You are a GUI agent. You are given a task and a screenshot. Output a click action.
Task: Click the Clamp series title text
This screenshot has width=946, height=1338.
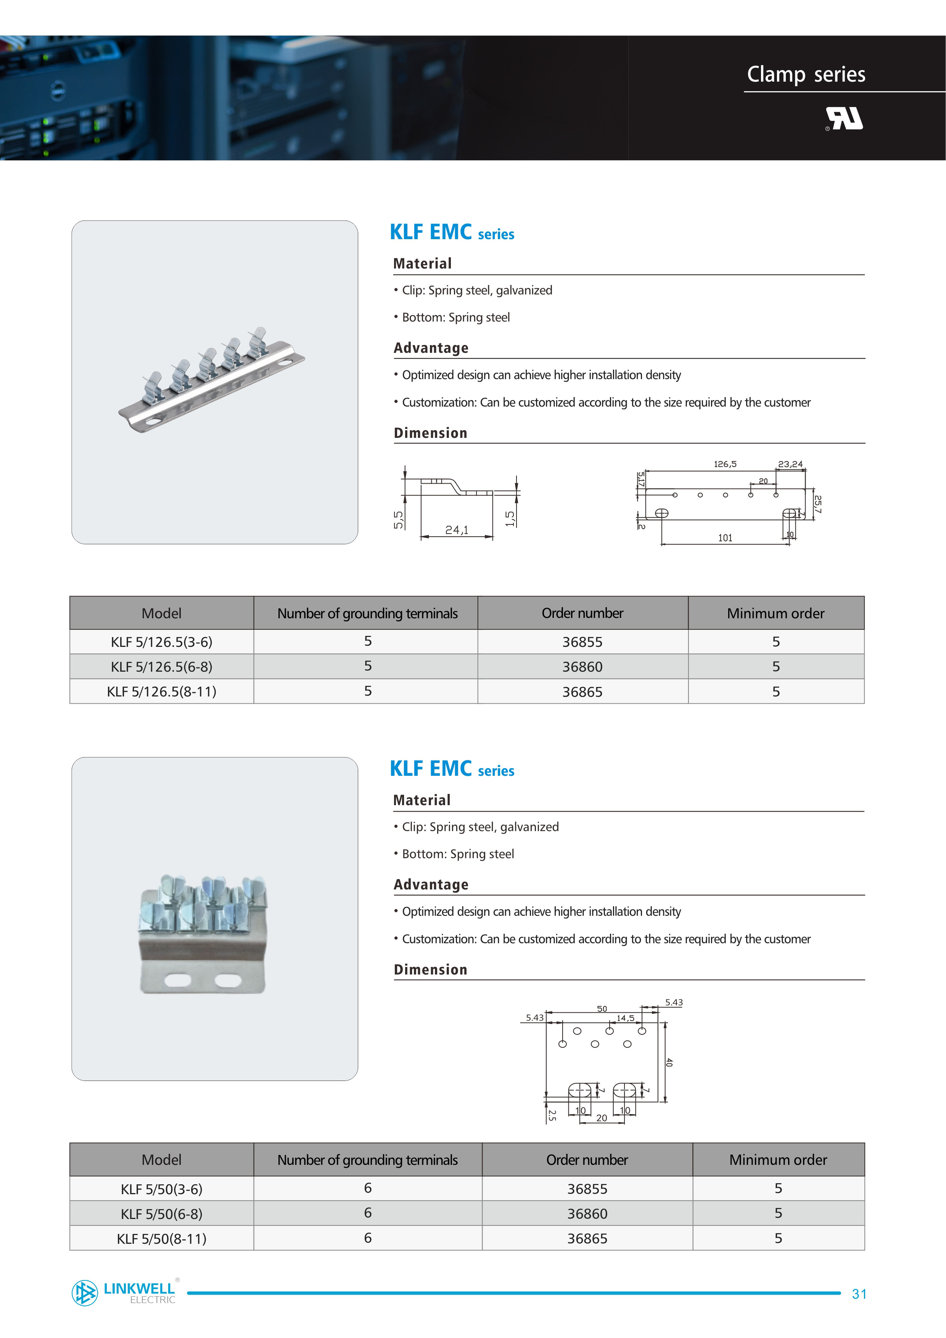[x=806, y=75]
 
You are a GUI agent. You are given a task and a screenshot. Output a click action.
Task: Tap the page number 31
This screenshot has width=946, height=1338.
[x=859, y=1294]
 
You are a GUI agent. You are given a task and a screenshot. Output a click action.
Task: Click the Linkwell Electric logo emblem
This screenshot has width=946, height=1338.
[x=85, y=1293]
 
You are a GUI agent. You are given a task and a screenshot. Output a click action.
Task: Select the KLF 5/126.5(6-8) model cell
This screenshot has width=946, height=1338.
[x=161, y=667]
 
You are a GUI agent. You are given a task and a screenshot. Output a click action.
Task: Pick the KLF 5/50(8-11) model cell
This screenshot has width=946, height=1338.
[x=161, y=1238]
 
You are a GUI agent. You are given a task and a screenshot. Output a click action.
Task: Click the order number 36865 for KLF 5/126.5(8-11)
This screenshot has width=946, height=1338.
[x=582, y=692]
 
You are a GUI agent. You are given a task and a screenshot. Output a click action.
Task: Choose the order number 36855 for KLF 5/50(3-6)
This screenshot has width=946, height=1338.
[x=587, y=1189]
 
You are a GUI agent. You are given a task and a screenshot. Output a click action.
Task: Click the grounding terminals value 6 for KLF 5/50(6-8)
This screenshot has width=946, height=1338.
[x=368, y=1213]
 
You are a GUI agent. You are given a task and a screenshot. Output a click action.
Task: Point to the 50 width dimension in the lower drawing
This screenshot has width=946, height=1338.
[x=602, y=1009]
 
